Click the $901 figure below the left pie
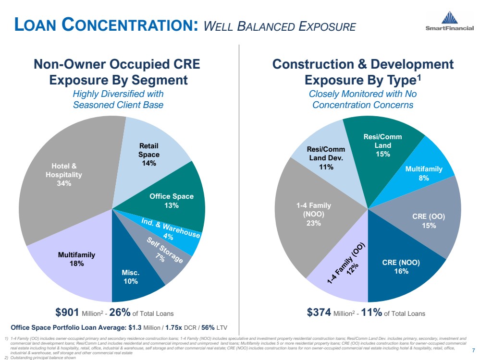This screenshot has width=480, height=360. pyautogui.click(x=67, y=313)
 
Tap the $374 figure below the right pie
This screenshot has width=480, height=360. pyautogui.click(x=319, y=313)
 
